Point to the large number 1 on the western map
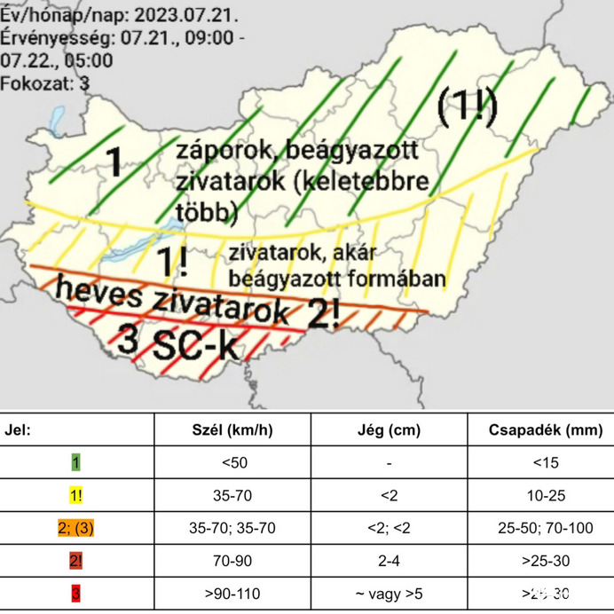click(x=114, y=162)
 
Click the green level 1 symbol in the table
click(x=77, y=462)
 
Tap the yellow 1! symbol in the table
click(x=77, y=494)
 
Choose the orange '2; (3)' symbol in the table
click(x=77, y=527)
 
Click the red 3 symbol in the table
click(x=77, y=593)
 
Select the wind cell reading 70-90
click(x=232, y=560)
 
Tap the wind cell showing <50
click(x=232, y=462)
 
